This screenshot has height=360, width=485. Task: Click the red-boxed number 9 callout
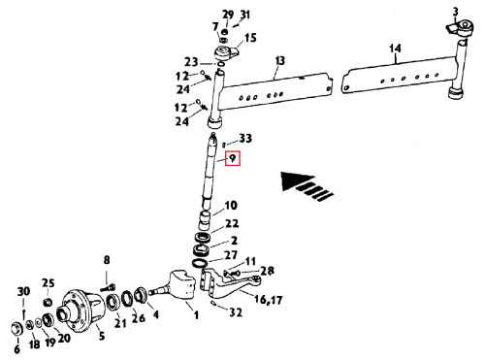tap(233, 158)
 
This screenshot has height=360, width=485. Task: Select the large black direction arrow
tap(307, 186)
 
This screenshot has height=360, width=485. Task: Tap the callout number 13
tap(280, 61)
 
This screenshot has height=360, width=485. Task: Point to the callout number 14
tap(395, 49)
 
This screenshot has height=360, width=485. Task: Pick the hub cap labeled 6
tap(16, 329)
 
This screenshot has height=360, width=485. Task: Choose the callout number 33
tap(245, 139)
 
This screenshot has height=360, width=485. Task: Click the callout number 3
tap(455, 12)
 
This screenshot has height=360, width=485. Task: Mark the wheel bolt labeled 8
tap(109, 287)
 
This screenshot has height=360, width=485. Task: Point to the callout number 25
tap(48, 283)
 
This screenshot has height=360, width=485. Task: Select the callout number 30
tap(23, 292)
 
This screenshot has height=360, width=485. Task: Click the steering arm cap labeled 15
tap(226, 53)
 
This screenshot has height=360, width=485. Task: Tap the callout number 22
tap(232, 223)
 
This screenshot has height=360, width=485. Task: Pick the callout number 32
tap(236, 312)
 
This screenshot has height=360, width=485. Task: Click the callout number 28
tap(267, 271)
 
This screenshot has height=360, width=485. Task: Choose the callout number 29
tap(228, 15)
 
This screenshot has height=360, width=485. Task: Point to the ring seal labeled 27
tap(200, 263)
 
